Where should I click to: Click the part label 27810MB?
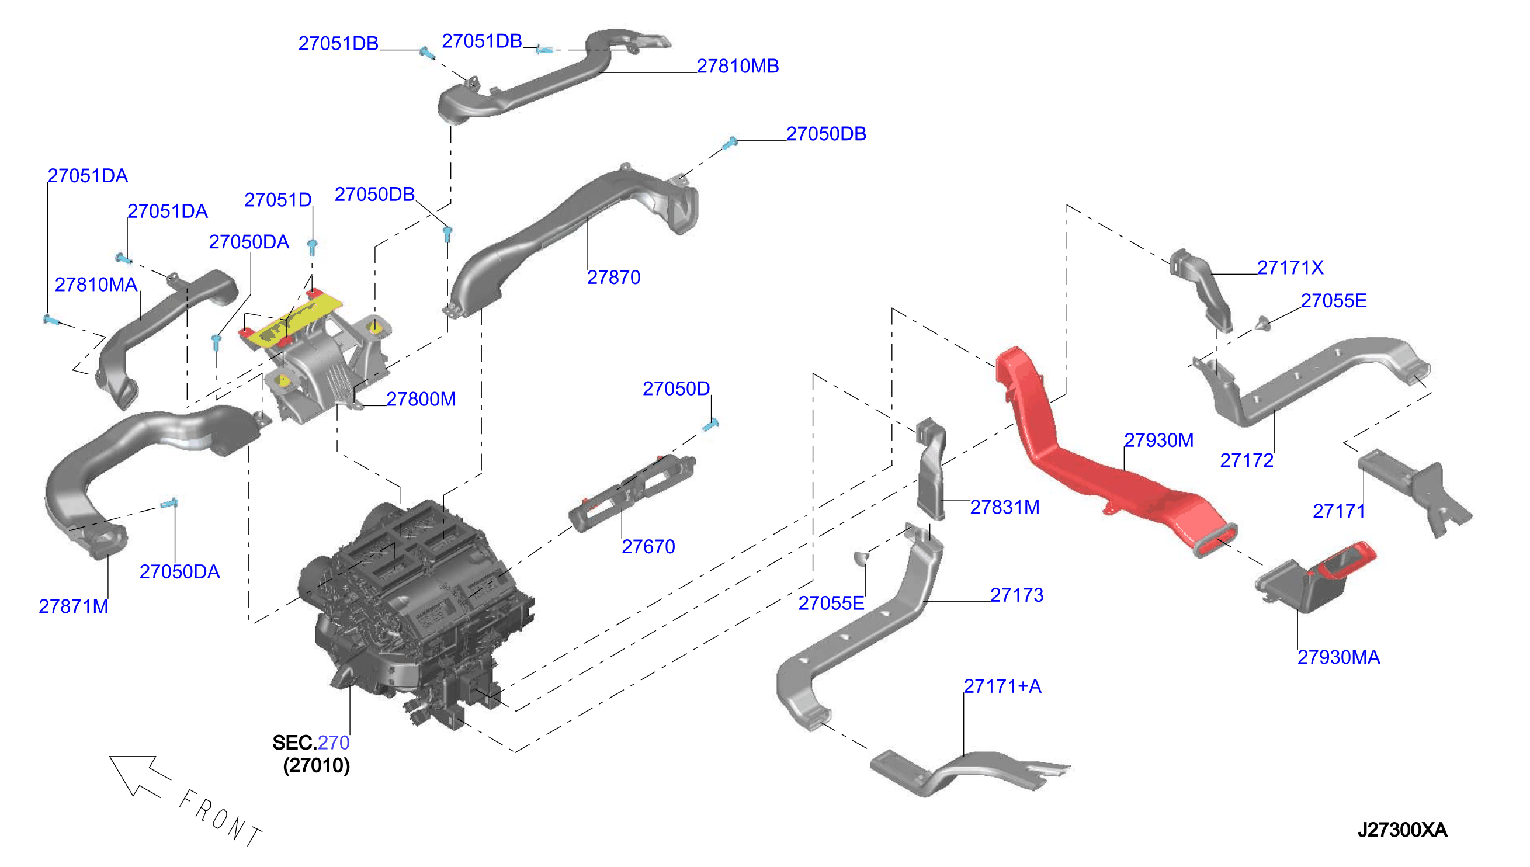[x=738, y=66]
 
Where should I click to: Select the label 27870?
[x=613, y=278]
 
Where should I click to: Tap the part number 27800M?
[x=421, y=399]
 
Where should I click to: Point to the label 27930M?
[x=1158, y=440]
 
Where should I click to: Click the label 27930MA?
[x=1338, y=657]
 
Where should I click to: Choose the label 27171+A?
[x=1002, y=686]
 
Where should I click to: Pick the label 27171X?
[x=1290, y=268]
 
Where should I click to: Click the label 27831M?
[x=1005, y=507]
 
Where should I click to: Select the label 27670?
[x=648, y=547]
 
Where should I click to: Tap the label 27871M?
[x=74, y=607]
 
